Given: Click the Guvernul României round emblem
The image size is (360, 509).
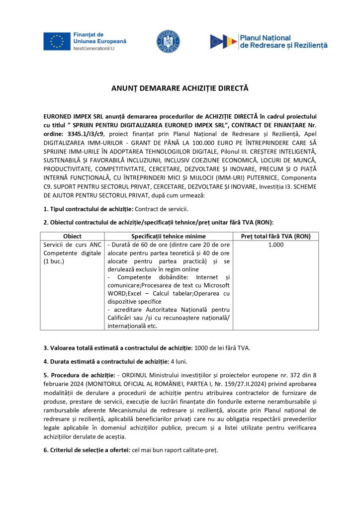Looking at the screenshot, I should point(168,41).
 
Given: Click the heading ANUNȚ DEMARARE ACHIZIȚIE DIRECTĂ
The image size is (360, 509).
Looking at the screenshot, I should point(180,88).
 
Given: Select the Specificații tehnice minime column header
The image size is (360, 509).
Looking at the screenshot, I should point(168,236).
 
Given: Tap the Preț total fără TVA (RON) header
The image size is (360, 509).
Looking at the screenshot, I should point(275,236).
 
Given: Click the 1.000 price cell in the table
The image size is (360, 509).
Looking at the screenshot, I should point(275,245).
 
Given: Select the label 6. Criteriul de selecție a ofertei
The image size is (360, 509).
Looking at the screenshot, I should point(86,450).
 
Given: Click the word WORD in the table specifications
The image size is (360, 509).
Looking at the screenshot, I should point(117,293).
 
